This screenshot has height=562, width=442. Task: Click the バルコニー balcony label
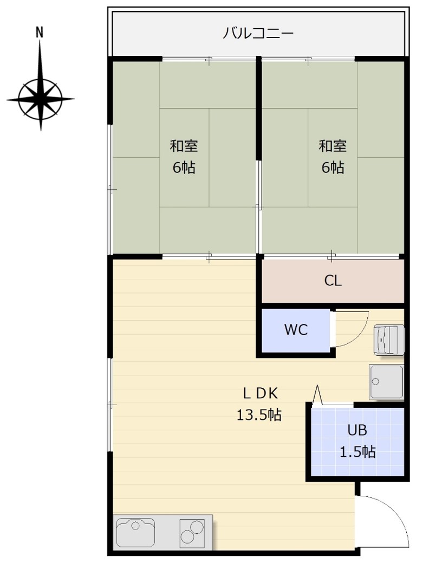258,33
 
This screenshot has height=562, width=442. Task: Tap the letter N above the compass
40,32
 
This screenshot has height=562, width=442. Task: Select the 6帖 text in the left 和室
184,168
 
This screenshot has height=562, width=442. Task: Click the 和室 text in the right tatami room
333,146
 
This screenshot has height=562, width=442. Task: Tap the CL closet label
333,280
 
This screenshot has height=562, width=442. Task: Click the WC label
296,329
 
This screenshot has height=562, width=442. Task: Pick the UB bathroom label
357,430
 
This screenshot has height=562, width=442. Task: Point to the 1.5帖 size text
357,452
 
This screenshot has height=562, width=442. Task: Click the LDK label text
260,393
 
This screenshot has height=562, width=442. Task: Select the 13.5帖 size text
259,414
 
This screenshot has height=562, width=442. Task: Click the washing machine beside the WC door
389,340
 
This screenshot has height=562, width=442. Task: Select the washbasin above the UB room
386,382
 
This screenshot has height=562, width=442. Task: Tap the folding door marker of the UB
317,395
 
